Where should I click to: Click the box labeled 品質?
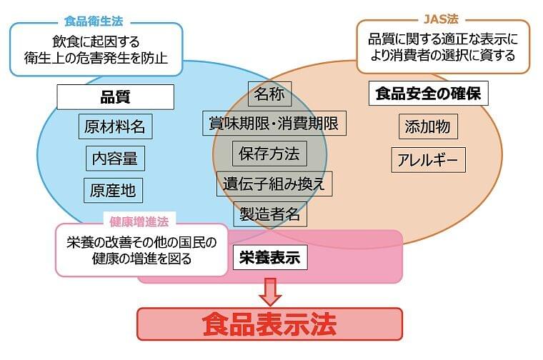point(115,97)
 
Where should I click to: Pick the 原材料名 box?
point(114,127)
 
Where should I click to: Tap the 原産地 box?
point(112,189)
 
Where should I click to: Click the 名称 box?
point(269,93)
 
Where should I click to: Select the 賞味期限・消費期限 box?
point(274,123)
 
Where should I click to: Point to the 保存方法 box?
point(269,153)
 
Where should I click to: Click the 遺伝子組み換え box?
point(274,184)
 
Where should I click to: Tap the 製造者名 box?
point(271,214)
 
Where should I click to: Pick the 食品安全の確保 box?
point(427,94)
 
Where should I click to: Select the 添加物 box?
point(427,127)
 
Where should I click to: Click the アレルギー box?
point(428,159)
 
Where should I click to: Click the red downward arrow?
point(270,291)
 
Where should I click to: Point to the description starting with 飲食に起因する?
point(96,49)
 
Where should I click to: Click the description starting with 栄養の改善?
point(141,251)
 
